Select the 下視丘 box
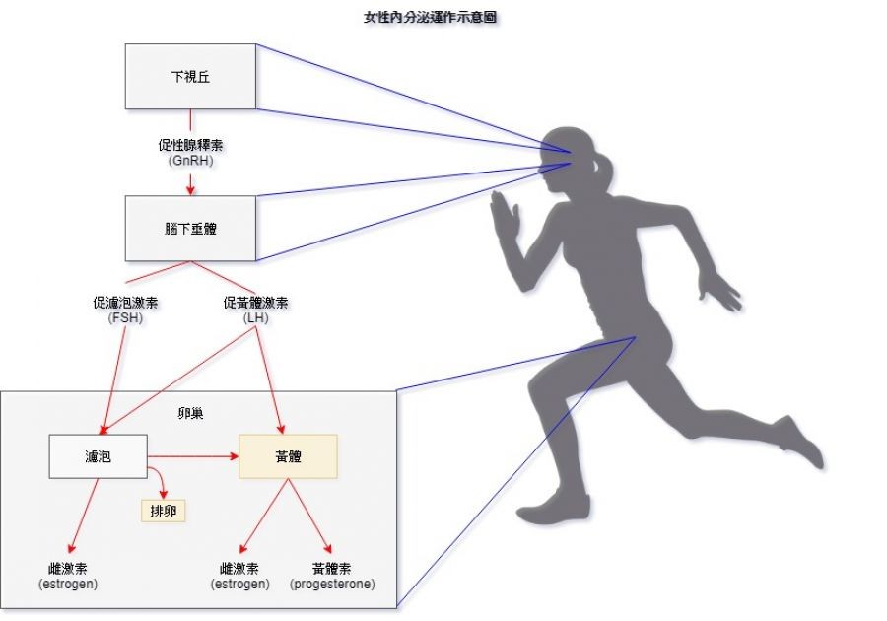[190, 76]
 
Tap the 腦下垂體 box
[190, 228]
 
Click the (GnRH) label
[190, 158]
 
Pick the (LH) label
[256, 316]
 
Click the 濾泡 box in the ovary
[98, 456]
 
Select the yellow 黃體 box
[288, 456]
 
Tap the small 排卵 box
[163, 510]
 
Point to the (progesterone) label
[332, 585]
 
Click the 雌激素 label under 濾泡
[68, 569]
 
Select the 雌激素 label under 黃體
[240, 569]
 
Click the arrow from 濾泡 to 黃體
[193, 456]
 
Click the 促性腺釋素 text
[190, 144]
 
